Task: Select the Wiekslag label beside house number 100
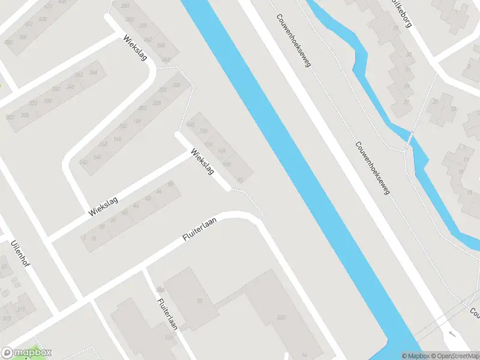[x=202, y=161]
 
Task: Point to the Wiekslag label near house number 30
[x=103, y=205]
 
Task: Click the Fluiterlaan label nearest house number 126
[x=167, y=314]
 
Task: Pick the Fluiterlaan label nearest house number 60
[x=199, y=230]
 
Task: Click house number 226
[x=280, y=317]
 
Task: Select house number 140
[x=191, y=124]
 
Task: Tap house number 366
[x=94, y=73]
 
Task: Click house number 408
[x=43, y=19]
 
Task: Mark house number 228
[x=176, y=85]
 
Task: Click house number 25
[x=435, y=101]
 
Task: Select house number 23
[x=453, y=109]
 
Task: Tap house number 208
[x=157, y=103]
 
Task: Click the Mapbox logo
[x=26, y=352]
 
